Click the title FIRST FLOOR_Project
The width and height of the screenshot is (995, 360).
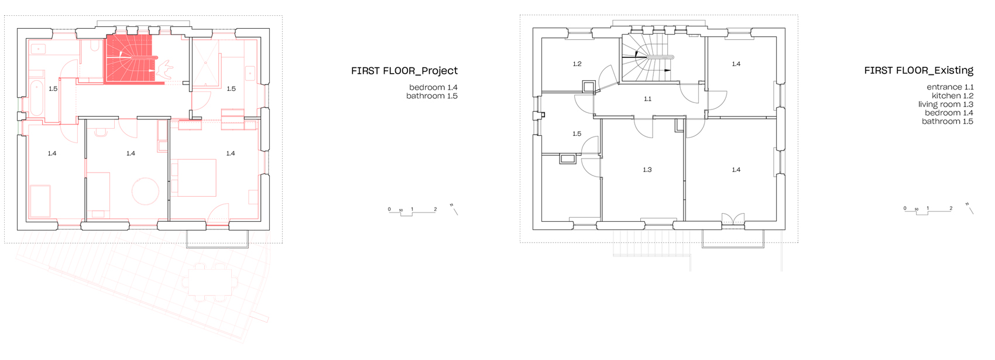pos(404,71)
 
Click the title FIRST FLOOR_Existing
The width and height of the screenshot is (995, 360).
pos(918,70)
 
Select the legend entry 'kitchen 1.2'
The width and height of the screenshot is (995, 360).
pos(952,95)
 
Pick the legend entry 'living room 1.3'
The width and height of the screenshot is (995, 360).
pos(946,104)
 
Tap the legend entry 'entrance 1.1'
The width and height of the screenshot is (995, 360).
pos(950,87)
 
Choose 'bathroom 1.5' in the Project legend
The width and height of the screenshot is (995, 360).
pos(432,96)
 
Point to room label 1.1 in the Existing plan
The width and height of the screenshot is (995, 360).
pos(648,99)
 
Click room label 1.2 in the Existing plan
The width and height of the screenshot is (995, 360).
pos(577,64)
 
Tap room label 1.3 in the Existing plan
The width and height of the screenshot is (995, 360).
pos(647,170)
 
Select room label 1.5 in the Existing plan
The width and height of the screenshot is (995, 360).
pos(577,134)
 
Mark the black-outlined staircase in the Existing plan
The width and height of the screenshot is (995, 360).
pos(648,58)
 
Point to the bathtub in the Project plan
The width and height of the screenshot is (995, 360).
pos(36,98)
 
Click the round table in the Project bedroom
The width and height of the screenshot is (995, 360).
pos(145,191)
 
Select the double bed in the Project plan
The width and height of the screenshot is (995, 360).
pos(194,178)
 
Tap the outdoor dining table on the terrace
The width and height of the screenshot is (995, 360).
pos(210,282)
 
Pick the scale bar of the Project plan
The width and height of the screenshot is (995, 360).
pos(412,211)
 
